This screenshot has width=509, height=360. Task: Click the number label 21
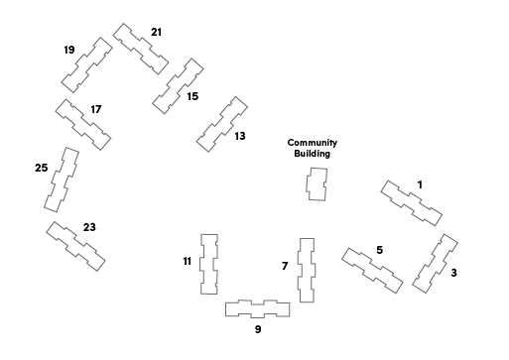pos(156,32)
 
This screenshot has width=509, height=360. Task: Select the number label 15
pos(192,96)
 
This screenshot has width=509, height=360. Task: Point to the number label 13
pos(240,136)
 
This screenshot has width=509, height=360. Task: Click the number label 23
pos(89,227)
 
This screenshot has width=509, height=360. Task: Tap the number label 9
pos(258,329)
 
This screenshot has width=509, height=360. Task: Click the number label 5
pos(380,250)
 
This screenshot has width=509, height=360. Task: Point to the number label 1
pos(420,184)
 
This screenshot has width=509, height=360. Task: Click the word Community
pos(313,143)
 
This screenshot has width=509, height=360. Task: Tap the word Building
pos(313,154)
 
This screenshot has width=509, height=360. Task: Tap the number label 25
pos(42,168)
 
